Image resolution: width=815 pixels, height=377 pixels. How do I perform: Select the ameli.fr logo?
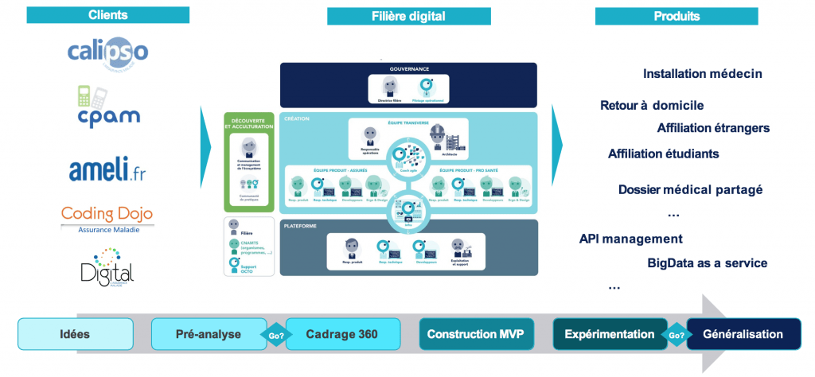(x=107, y=169)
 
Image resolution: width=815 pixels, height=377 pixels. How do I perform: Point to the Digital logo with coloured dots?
(x=107, y=266)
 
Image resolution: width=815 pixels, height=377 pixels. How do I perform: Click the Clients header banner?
(x=107, y=15)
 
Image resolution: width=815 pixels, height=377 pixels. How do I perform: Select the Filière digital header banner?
(x=408, y=16)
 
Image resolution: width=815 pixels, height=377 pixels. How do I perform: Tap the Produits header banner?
(x=677, y=16)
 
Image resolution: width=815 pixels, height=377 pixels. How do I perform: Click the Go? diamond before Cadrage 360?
(x=275, y=335)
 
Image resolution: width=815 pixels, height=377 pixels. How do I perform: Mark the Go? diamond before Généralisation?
(x=677, y=335)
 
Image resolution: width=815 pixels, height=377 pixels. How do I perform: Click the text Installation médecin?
(x=702, y=74)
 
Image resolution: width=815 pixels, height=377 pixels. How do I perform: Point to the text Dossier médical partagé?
(x=690, y=189)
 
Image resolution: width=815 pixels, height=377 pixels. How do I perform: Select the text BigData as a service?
(x=707, y=263)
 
